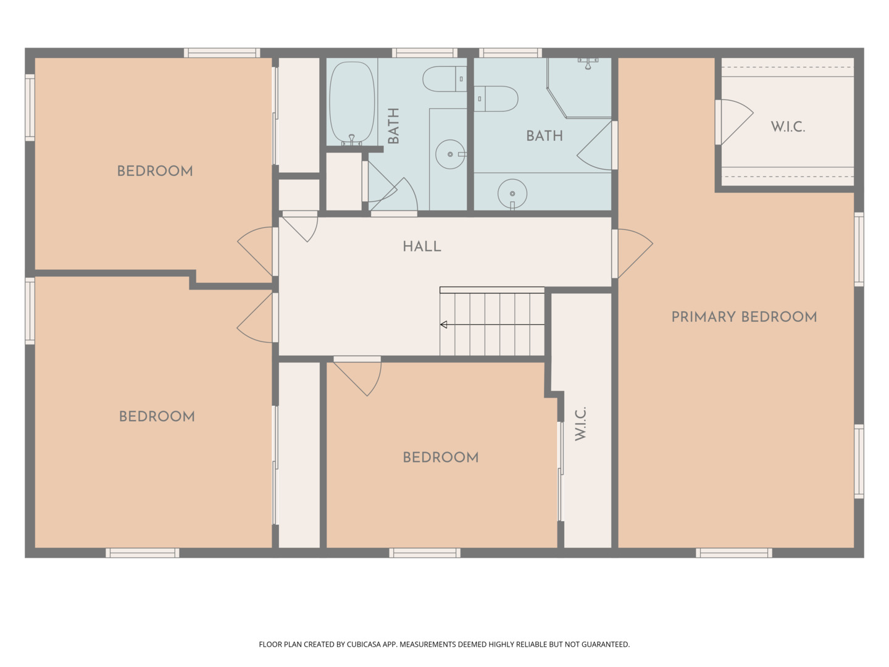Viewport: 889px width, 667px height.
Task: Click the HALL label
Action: [x=422, y=246]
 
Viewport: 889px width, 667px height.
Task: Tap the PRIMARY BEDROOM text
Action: [x=744, y=317]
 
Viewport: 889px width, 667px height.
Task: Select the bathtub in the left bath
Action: [x=351, y=103]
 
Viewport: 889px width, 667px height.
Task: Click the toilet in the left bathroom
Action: [x=444, y=79]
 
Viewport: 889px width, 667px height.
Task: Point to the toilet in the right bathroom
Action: [x=496, y=98]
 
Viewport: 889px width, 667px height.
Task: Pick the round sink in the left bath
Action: [x=450, y=154]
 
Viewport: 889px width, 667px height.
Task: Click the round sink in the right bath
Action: [x=512, y=193]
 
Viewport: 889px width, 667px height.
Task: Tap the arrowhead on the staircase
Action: [x=443, y=324]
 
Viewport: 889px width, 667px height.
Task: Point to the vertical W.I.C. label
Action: [x=581, y=424]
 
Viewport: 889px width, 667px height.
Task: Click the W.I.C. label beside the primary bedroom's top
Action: [x=788, y=127]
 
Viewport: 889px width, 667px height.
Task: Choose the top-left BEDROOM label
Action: [x=155, y=171]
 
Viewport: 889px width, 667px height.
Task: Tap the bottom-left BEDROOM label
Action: [x=157, y=416]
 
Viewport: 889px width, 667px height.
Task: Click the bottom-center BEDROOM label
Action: [x=441, y=457]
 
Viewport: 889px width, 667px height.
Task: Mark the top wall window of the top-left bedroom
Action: [x=222, y=52]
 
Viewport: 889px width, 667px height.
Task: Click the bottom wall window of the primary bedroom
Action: [x=734, y=553]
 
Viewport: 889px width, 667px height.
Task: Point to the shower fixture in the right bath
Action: [x=588, y=63]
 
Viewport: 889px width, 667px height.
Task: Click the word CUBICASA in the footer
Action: [x=362, y=644]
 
